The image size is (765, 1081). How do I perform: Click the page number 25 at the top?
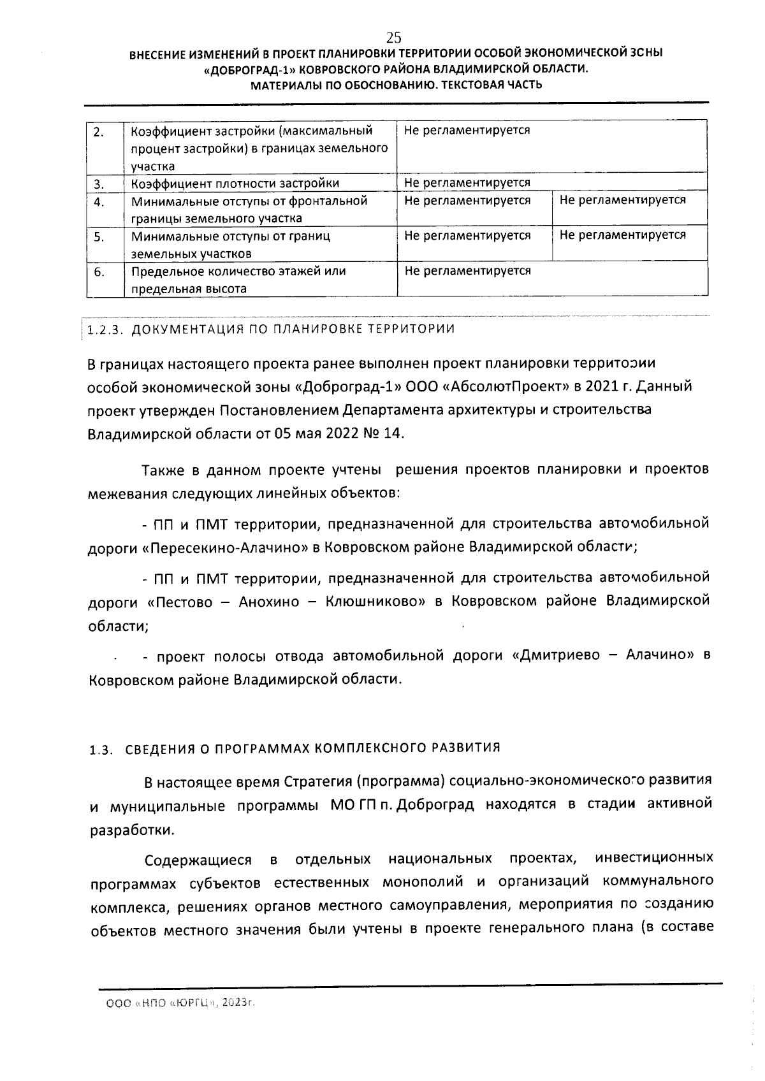pyautogui.click(x=393, y=36)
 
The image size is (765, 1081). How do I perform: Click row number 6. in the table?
pyautogui.click(x=99, y=272)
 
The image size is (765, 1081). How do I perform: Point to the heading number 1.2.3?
pyautogui.click(x=108, y=330)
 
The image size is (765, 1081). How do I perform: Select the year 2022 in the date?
pyautogui.click(x=344, y=434)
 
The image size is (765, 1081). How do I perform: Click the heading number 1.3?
pyautogui.click(x=101, y=750)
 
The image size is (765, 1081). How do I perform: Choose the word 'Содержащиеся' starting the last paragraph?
pyautogui.click(x=198, y=861)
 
